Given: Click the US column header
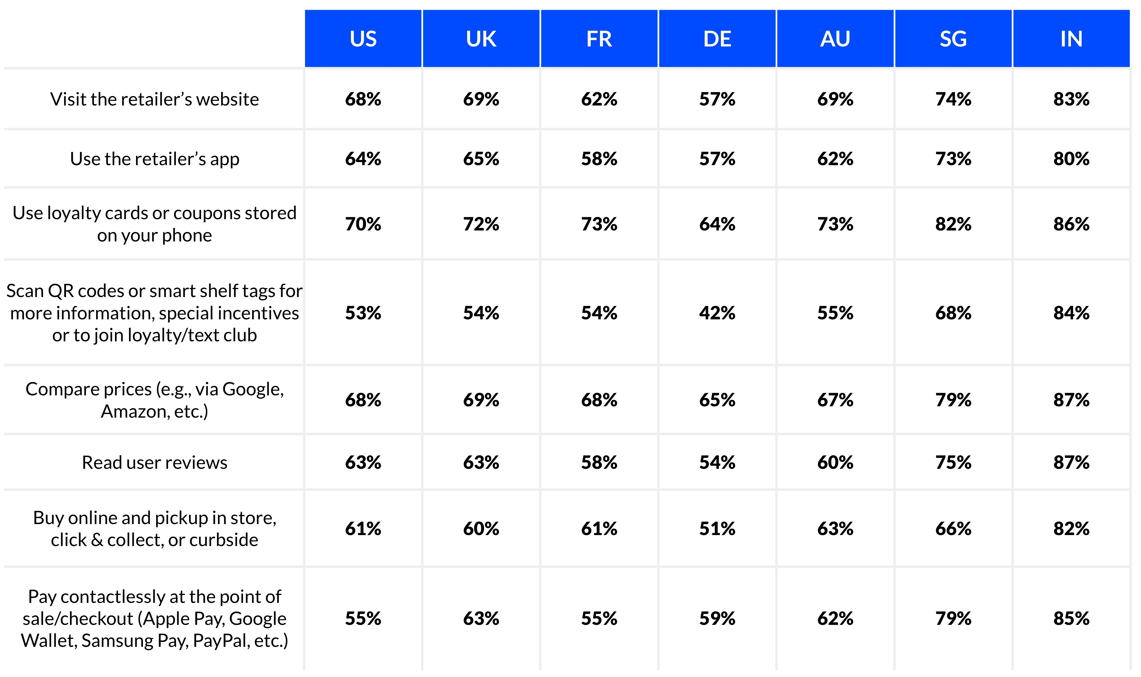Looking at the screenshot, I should [x=363, y=39].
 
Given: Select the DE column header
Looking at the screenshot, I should [x=717, y=39].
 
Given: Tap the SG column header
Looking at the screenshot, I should [x=953, y=39].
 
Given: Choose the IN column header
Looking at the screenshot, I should [x=1071, y=39].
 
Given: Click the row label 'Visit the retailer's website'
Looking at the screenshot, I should [x=154, y=99].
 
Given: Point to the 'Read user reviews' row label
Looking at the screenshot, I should [x=154, y=463].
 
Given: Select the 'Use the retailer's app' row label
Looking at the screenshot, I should [x=154, y=159].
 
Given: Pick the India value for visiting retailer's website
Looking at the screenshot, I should [x=1071, y=99].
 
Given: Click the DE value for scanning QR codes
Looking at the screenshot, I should [x=717, y=313].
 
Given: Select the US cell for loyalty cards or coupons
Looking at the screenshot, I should [x=363, y=224].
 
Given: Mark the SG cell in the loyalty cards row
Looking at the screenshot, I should [x=953, y=224].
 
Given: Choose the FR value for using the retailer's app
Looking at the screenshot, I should [x=599, y=159].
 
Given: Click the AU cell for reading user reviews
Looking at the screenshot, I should [x=835, y=463].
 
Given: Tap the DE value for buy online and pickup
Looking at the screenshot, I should [x=717, y=529].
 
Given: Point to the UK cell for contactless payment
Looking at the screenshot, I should [x=481, y=619].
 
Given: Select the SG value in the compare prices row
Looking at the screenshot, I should [x=953, y=400].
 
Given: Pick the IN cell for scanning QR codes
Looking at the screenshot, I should [x=1071, y=313].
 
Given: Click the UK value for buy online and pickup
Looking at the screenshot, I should [x=481, y=529].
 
